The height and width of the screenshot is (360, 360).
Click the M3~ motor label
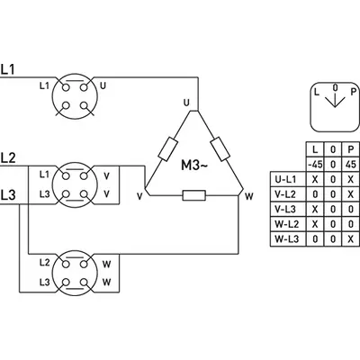(x=194, y=165)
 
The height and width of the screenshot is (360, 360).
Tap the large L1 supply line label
(x=7, y=69)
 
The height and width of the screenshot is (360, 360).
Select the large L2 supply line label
(x=8, y=157)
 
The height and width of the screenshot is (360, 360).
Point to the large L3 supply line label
(x=8, y=195)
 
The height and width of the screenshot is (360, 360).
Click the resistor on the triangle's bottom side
(x=194, y=195)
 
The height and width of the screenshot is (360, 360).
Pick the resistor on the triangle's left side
(x=167, y=148)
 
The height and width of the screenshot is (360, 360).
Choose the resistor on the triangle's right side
(x=220, y=148)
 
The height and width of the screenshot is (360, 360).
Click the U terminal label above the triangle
(x=186, y=103)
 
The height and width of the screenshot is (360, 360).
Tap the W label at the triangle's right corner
(x=249, y=196)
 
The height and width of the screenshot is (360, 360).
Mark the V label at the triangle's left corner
(x=139, y=196)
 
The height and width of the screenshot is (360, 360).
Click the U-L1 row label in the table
(x=285, y=179)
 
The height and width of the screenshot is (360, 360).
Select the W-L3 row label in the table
(x=287, y=239)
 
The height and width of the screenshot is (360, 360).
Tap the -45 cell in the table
(x=315, y=165)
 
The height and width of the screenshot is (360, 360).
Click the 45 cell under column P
(x=351, y=165)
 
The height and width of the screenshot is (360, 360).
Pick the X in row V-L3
(x=315, y=210)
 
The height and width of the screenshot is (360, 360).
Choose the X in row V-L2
(x=351, y=194)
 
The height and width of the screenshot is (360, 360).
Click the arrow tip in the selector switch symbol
(x=335, y=107)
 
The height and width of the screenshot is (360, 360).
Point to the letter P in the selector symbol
(x=354, y=92)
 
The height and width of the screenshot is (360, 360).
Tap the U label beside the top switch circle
(x=103, y=86)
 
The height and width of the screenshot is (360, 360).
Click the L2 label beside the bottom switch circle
(x=44, y=263)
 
